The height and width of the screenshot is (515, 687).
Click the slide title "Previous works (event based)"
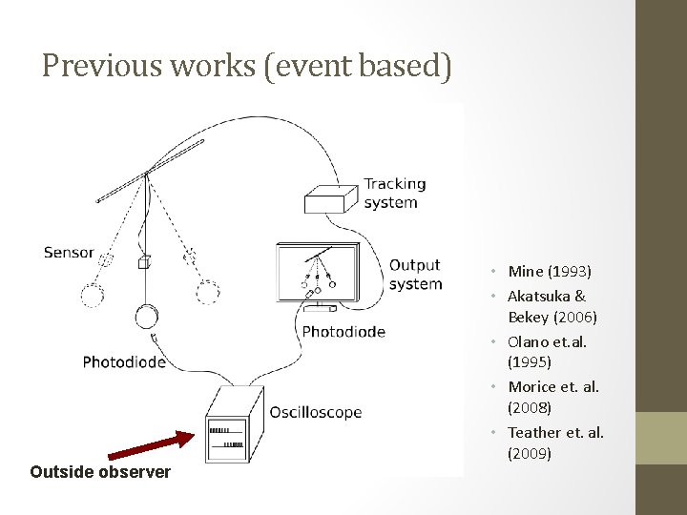(x=246, y=66)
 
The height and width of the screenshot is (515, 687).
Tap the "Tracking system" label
(x=394, y=193)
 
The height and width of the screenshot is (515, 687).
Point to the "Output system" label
(x=415, y=274)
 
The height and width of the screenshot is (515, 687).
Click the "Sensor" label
(x=69, y=253)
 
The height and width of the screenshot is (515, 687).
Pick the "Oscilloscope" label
(x=315, y=413)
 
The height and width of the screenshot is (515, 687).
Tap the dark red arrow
(x=149, y=448)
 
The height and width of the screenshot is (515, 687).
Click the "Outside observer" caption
(x=100, y=471)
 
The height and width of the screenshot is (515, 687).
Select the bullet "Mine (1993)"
(x=550, y=272)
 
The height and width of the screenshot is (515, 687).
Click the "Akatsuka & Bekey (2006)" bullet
(x=552, y=306)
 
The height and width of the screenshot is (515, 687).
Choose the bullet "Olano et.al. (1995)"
(x=548, y=352)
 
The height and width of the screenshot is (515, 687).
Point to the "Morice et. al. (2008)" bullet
(x=553, y=397)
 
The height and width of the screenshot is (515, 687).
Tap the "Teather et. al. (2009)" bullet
(x=555, y=443)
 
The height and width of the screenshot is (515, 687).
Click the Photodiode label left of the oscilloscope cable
(x=124, y=361)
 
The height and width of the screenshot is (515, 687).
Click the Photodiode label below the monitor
(x=343, y=332)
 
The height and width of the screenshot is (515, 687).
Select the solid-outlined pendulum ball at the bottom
(x=146, y=316)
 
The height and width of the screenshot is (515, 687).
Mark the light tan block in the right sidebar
(x=660, y=438)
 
